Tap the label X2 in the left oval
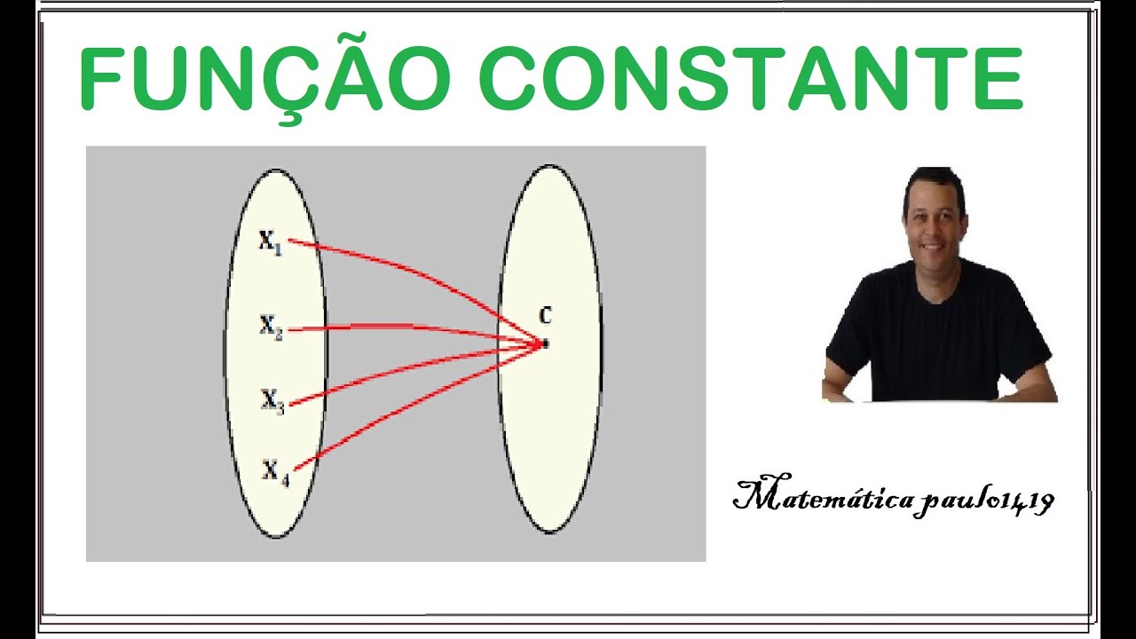[271, 326]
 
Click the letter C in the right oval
[545, 315]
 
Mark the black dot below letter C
[545, 343]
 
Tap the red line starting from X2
[408, 327]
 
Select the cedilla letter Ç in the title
[299, 84]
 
